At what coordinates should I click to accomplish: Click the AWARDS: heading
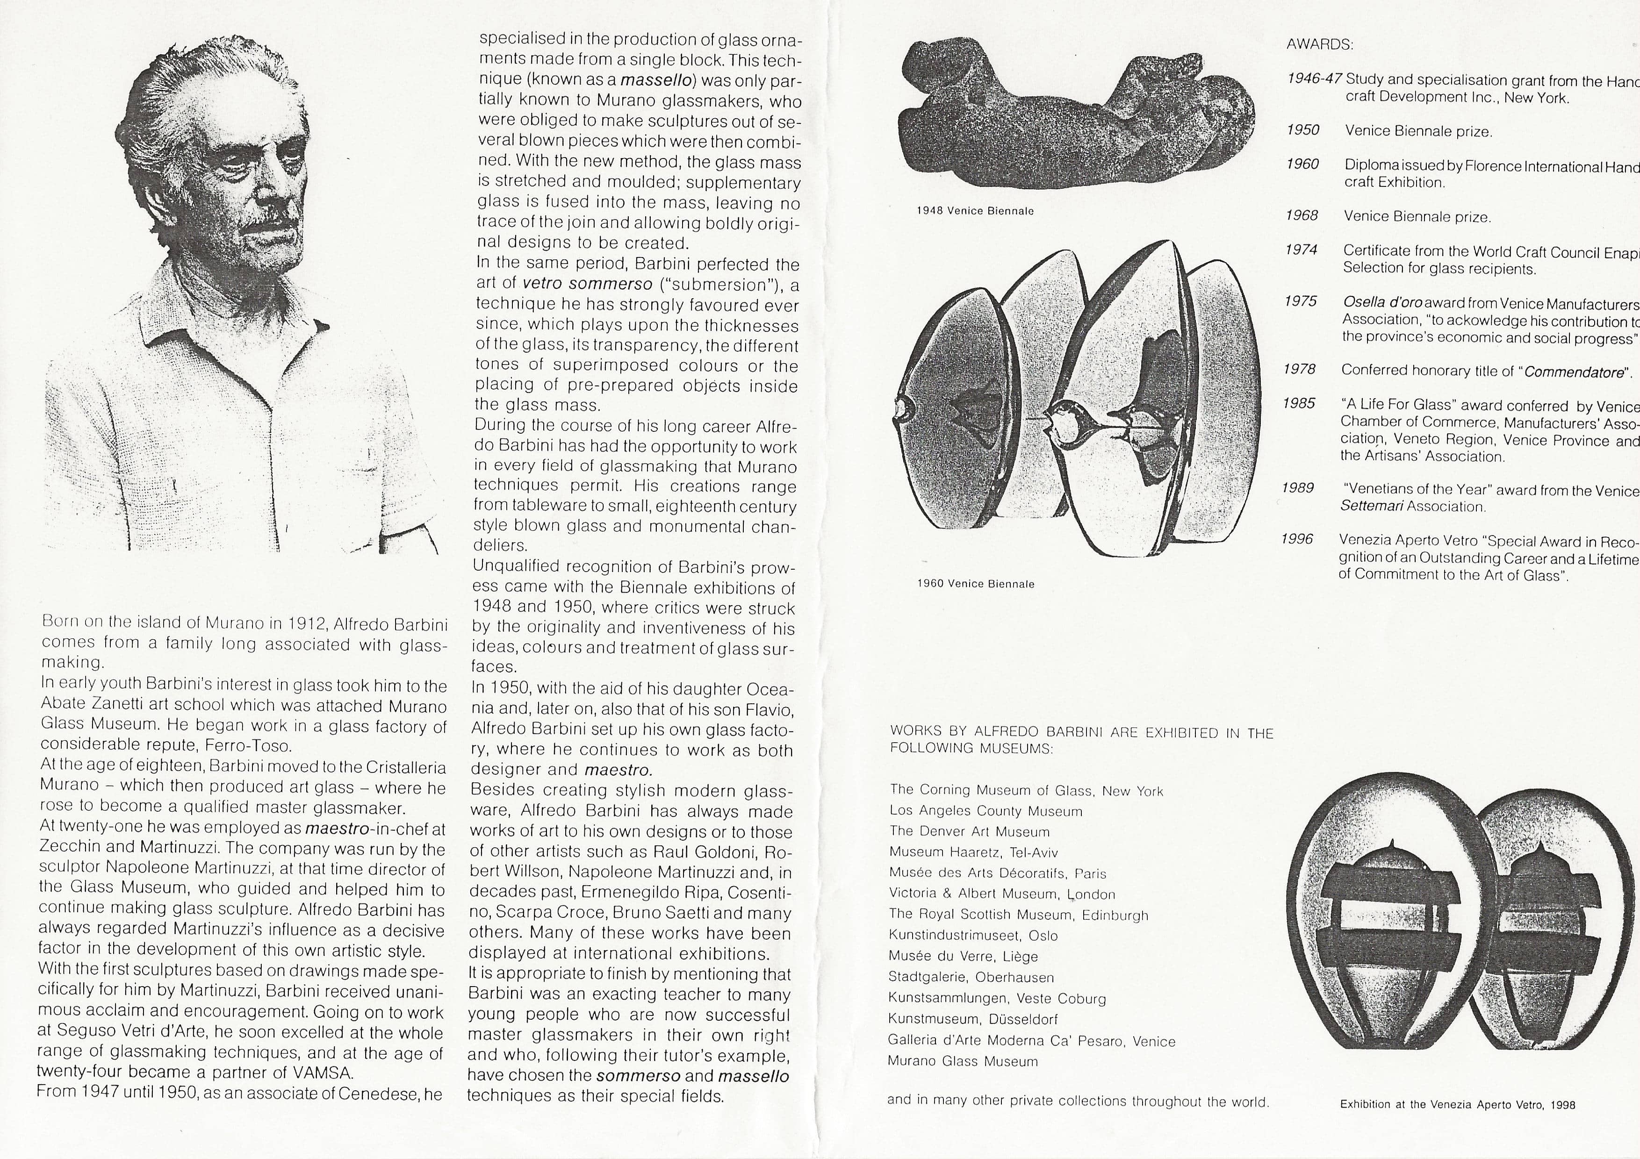1319,45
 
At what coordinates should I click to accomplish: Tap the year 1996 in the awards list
1297,539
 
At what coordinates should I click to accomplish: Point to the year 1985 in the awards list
1299,403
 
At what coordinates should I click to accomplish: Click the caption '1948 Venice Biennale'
975,211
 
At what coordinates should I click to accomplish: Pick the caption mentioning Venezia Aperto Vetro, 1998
1457,1105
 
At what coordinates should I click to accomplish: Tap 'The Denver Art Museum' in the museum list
969,832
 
